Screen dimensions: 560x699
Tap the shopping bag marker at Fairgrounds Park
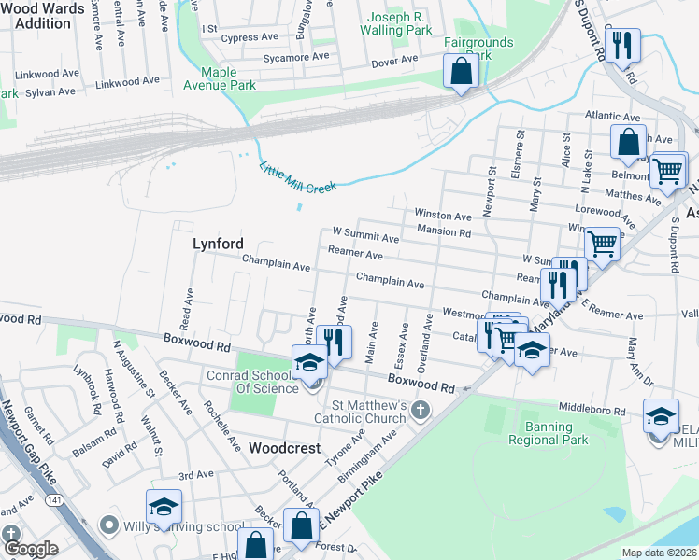(461, 71)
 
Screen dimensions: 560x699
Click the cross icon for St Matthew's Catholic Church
(421, 410)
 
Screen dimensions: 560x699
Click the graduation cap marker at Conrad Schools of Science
(312, 362)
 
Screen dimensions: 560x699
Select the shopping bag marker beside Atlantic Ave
(628, 143)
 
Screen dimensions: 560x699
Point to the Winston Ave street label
(443, 216)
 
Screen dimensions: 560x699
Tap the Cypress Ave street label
(250, 39)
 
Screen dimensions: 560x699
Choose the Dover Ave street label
(394, 60)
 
